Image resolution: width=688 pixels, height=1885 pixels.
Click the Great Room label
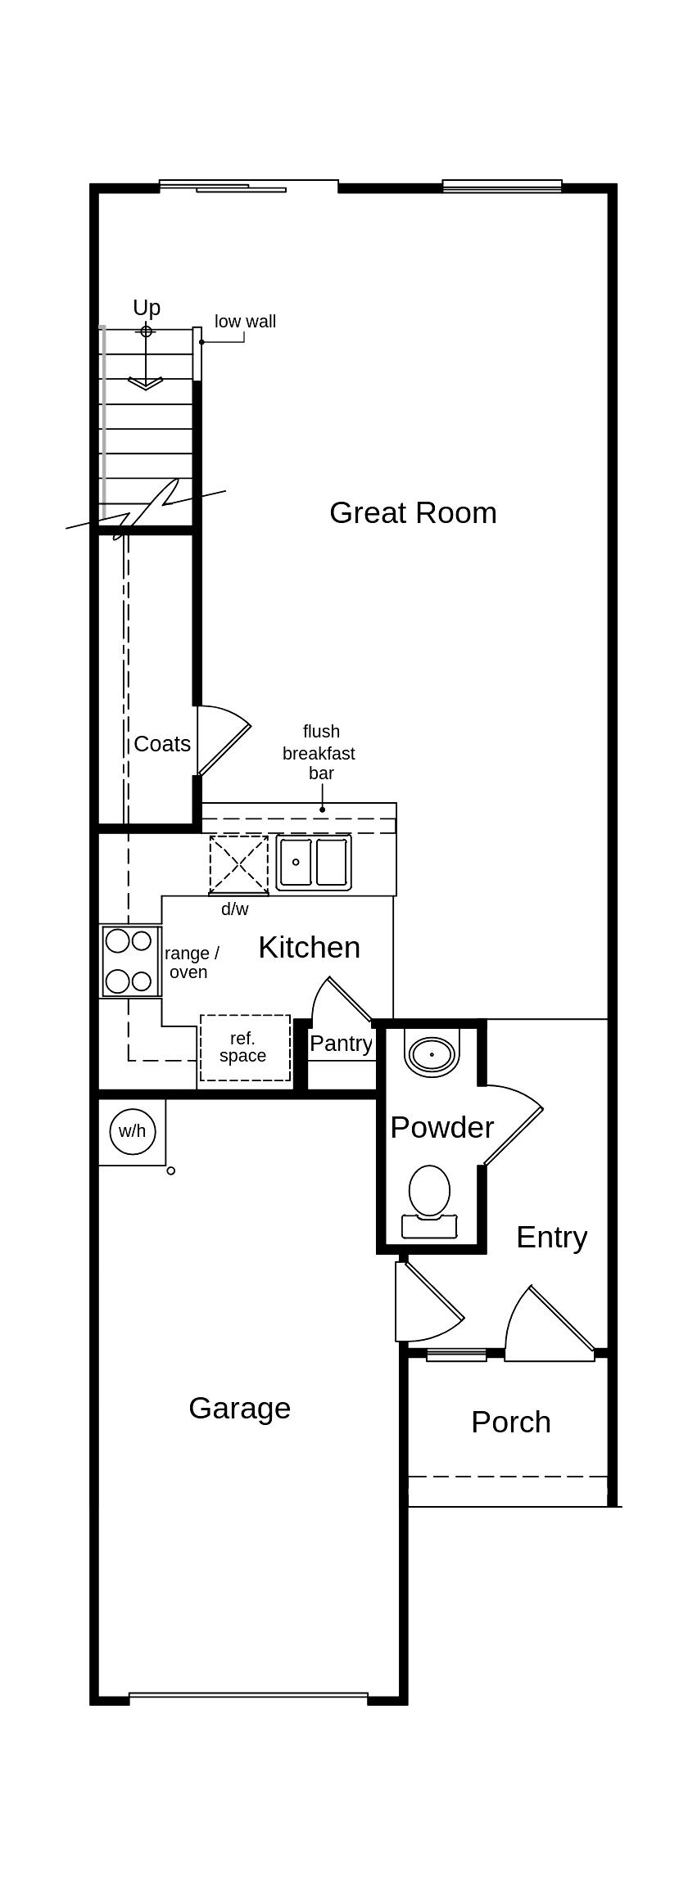[413, 513]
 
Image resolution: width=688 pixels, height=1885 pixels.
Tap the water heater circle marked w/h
[132, 1131]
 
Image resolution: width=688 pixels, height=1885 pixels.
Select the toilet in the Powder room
[429, 1200]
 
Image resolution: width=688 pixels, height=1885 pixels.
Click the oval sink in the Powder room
[432, 1054]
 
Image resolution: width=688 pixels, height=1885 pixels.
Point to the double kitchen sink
[314, 862]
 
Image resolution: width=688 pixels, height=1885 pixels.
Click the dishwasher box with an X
[238, 864]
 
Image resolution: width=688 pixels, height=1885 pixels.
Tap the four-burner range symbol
[129, 961]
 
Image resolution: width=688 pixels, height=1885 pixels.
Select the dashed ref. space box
[245, 1048]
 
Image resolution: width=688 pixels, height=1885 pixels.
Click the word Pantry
[341, 1044]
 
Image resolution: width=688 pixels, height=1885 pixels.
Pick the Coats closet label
[162, 744]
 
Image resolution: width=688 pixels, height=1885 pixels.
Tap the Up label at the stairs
[147, 308]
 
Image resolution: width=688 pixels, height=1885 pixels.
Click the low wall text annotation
[245, 322]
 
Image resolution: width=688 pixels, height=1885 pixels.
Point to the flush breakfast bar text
[319, 752]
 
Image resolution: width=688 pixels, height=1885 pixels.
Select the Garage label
[239, 1409]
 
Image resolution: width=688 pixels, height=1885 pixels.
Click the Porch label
[510, 1423]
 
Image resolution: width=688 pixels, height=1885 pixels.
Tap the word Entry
[551, 1238]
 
